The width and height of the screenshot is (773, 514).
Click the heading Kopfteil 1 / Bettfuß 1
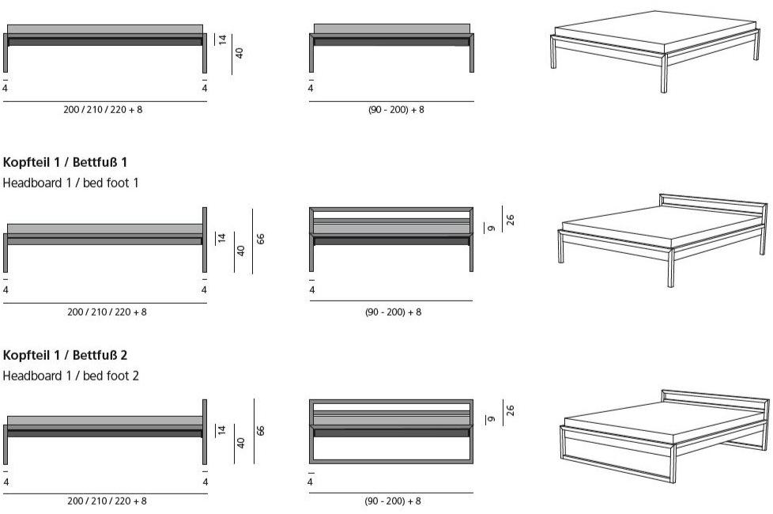pyautogui.click(x=65, y=162)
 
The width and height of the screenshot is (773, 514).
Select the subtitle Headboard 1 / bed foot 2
pyautogui.click(x=70, y=376)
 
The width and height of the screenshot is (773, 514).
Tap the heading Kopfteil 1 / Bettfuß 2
pyautogui.click(x=65, y=355)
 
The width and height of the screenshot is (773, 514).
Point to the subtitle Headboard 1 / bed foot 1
pyautogui.click(x=70, y=183)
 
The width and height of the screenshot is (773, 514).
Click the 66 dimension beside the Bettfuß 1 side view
pyautogui.click(x=261, y=239)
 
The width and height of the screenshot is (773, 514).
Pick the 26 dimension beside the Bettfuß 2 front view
pyautogui.click(x=511, y=410)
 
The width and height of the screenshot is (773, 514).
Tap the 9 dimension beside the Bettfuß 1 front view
pyautogui.click(x=492, y=228)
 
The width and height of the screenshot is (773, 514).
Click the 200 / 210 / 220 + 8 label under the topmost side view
pyautogui.click(x=103, y=109)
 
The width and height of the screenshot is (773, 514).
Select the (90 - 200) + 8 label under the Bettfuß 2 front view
pyautogui.click(x=393, y=501)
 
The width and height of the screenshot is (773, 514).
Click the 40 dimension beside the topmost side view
pyautogui.click(x=239, y=53)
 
